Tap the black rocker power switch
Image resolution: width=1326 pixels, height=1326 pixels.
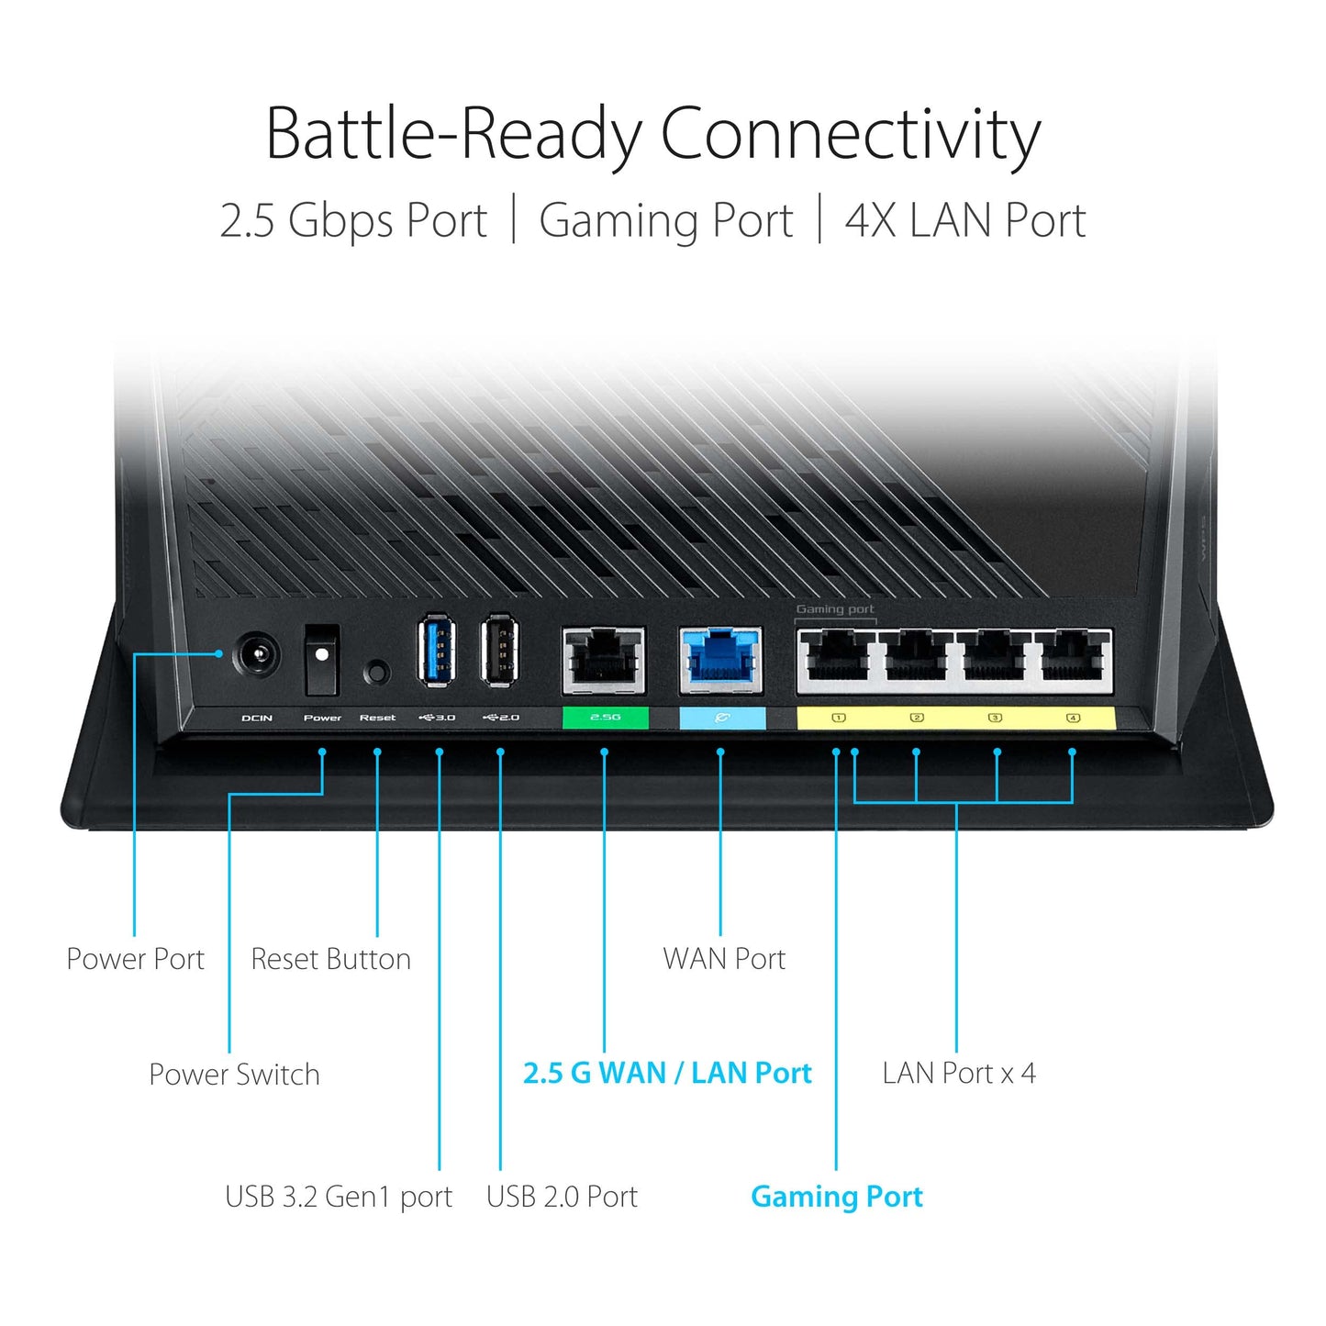(x=321, y=659)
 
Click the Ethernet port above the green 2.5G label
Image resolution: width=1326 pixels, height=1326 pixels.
(x=603, y=660)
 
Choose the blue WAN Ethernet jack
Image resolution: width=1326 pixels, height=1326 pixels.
(x=721, y=660)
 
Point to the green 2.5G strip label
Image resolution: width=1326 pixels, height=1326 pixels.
(x=605, y=718)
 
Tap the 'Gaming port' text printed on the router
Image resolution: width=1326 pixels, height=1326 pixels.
(x=834, y=609)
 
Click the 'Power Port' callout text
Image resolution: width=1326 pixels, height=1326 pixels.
(x=136, y=959)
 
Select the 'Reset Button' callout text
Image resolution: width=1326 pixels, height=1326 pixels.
(x=330, y=959)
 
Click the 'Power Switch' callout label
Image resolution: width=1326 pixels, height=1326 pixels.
(x=234, y=1075)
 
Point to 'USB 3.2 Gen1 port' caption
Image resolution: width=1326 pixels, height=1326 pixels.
(x=339, y=1197)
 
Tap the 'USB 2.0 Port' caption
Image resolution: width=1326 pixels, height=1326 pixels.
(x=562, y=1197)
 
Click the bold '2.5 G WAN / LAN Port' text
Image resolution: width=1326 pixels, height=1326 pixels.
(x=667, y=1073)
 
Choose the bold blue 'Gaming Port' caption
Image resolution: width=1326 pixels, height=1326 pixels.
(x=836, y=1197)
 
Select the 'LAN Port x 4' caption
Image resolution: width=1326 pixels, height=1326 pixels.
(x=959, y=1073)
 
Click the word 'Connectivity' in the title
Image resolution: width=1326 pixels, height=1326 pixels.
(x=850, y=135)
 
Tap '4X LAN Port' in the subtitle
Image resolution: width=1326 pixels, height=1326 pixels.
(x=964, y=221)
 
